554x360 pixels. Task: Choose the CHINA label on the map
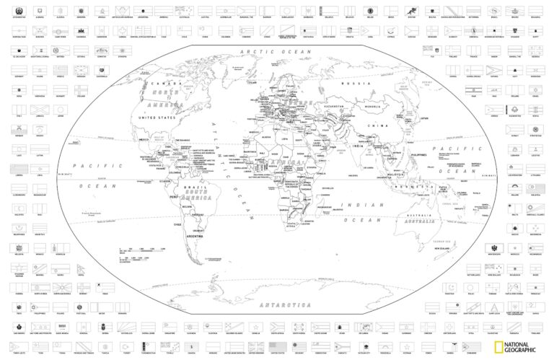tap(374, 126)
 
